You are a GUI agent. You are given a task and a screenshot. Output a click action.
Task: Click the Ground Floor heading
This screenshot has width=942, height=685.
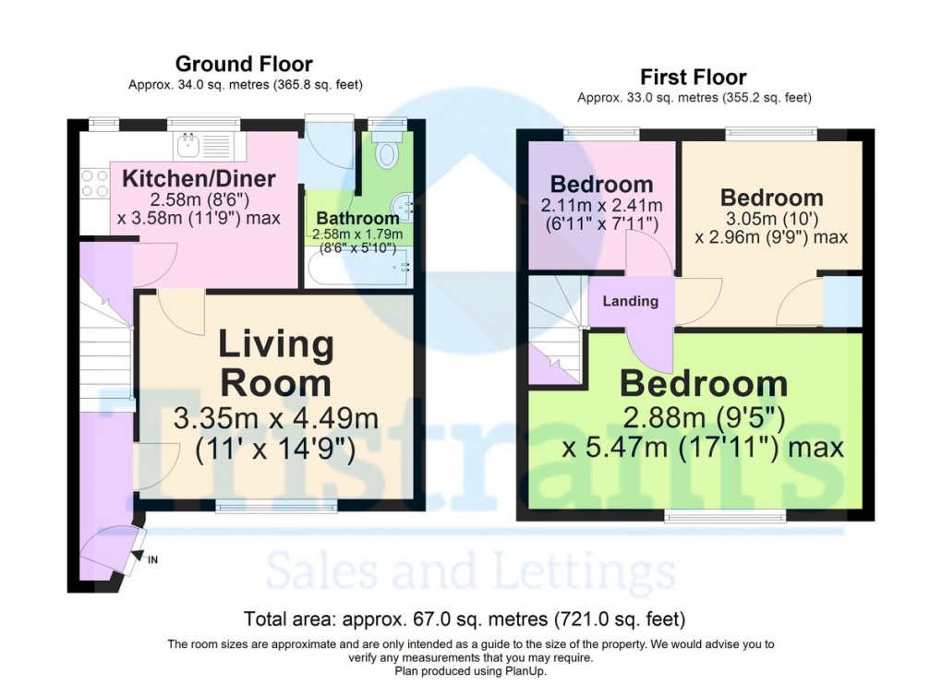(x=244, y=64)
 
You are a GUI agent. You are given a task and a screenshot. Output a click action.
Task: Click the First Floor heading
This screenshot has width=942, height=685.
(x=694, y=77)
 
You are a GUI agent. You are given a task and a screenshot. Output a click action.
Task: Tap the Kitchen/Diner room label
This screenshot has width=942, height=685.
(x=199, y=178)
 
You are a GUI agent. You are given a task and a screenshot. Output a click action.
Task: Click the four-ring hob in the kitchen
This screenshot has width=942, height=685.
(x=94, y=183)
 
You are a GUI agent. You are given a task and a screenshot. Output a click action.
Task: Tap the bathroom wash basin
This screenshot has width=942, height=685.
(x=403, y=205)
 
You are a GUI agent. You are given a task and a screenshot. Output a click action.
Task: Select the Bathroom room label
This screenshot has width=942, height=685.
(x=357, y=219)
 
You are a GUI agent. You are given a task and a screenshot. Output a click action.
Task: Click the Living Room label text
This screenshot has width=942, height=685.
(x=276, y=363)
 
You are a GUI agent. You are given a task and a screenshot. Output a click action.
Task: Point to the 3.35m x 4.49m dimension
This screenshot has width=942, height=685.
(x=276, y=418)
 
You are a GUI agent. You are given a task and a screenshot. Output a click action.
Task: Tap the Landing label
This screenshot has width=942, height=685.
(x=631, y=301)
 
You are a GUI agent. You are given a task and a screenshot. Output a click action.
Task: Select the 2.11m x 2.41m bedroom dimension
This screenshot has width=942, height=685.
(x=601, y=205)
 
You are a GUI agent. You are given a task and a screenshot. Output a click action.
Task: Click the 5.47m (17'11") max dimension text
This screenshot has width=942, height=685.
(x=703, y=449)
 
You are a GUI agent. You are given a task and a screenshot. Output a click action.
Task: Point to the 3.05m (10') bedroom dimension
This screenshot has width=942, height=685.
(x=771, y=219)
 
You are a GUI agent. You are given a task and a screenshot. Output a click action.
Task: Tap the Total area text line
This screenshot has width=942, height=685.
(x=464, y=619)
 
